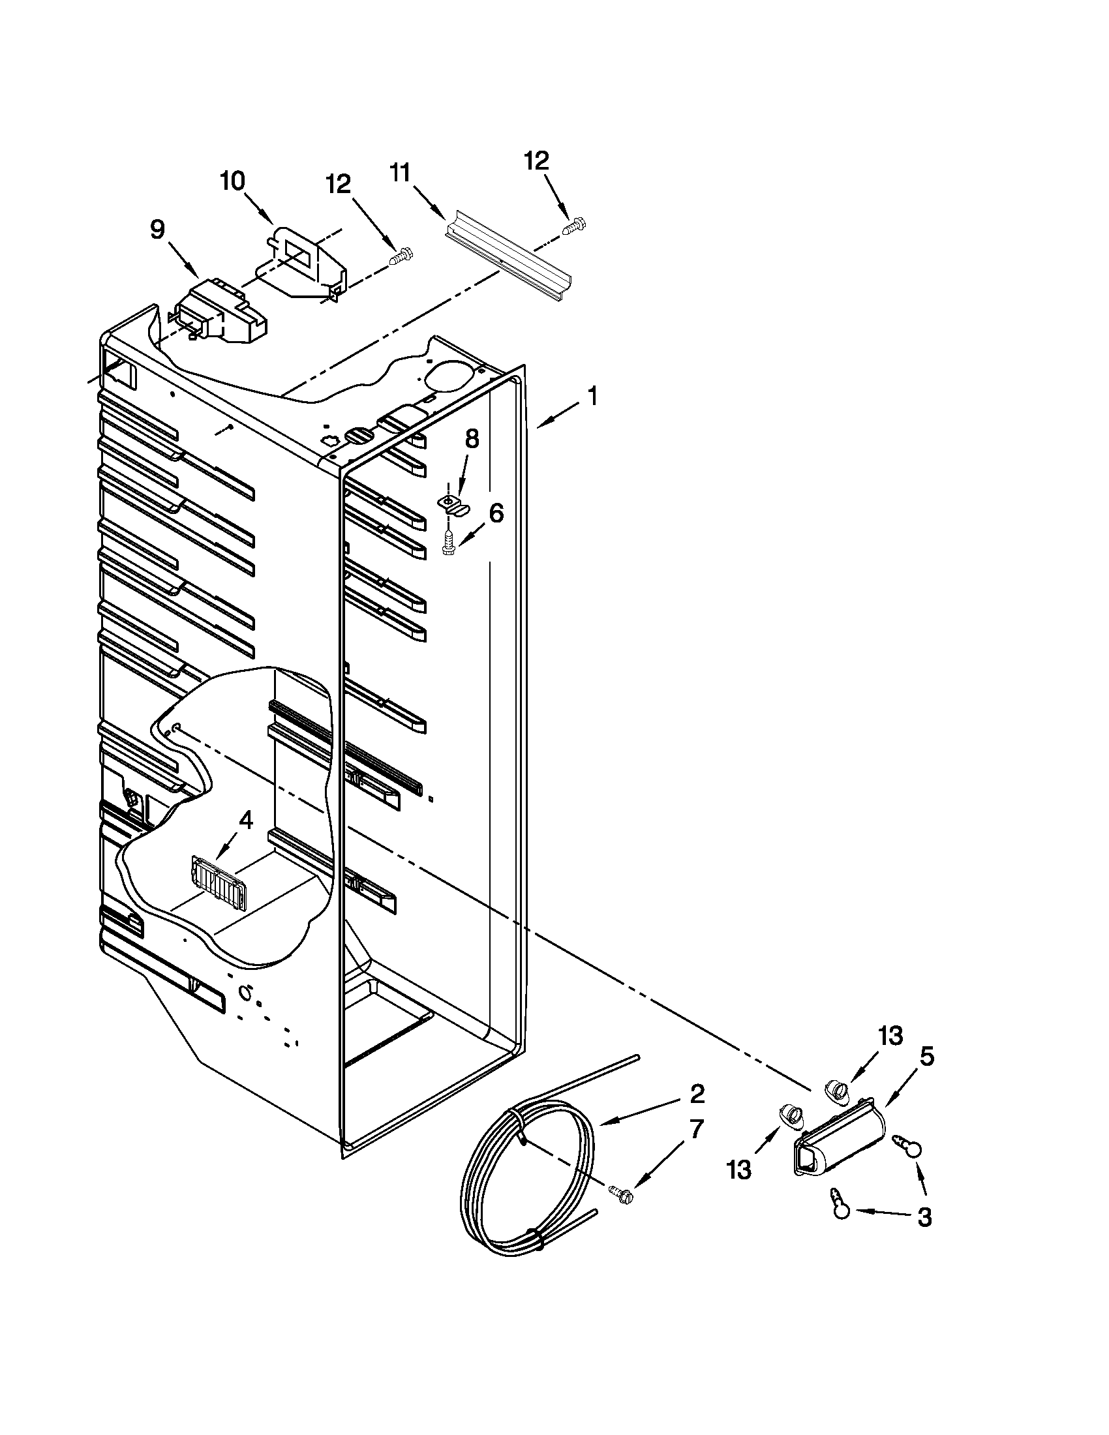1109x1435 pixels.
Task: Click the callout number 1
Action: tap(592, 397)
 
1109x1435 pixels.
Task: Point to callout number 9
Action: tap(157, 230)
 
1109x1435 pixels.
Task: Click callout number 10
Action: tap(232, 181)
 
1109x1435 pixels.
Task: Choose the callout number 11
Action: tap(400, 173)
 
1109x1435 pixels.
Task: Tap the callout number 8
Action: tap(472, 439)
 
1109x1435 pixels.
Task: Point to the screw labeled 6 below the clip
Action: tap(449, 544)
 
